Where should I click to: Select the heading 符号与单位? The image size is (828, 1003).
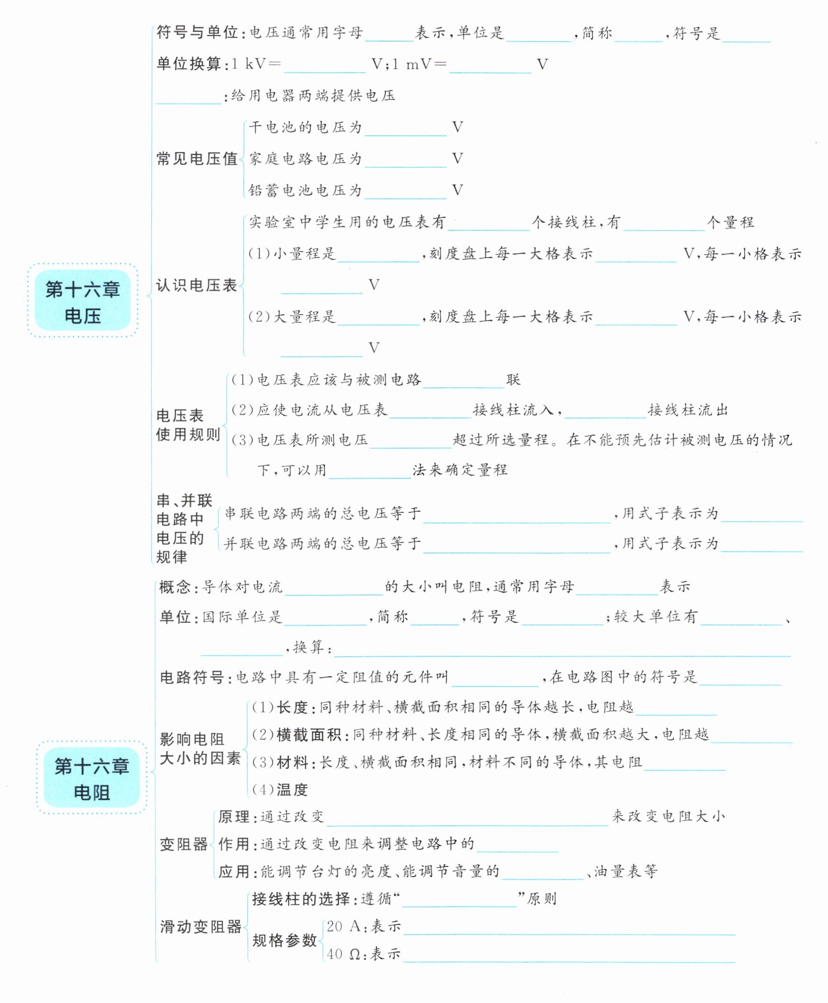(x=197, y=33)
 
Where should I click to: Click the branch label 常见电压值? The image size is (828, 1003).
(x=197, y=159)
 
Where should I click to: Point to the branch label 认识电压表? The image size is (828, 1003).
(x=196, y=286)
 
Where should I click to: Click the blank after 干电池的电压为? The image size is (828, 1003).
(x=405, y=130)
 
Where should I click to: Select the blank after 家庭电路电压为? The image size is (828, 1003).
(x=405, y=161)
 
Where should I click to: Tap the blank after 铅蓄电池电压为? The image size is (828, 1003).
(x=405, y=193)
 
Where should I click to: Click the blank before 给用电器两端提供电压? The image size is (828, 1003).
(x=189, y=98)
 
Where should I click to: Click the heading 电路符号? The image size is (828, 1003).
(x=191, y=677)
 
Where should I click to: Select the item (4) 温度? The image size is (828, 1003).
(x=280, y=790)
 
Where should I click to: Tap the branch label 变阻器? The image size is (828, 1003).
(x=183, y=845)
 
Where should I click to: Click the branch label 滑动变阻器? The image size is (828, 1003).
(x=200, y=927)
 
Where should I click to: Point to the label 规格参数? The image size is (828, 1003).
(x=284, y=940)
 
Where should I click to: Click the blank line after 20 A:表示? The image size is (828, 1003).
(x=569, y=928)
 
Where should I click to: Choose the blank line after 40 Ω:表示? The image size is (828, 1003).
(x=569, y=956)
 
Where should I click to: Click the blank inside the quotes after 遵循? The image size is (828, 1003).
(x=459, y=901)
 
